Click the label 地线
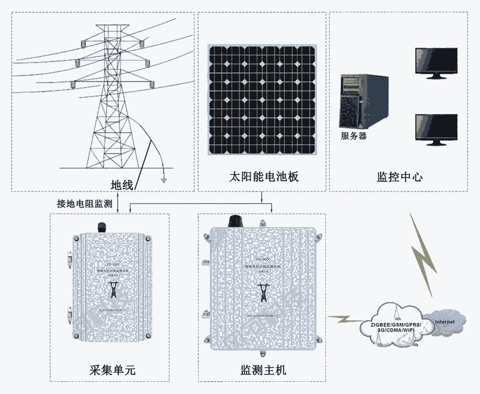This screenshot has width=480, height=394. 122,185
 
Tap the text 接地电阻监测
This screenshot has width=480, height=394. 85,203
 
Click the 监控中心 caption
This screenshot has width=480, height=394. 400,177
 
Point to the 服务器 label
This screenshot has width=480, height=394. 353,136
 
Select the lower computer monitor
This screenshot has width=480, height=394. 436,129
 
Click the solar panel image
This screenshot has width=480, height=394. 262,100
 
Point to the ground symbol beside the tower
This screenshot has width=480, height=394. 163,179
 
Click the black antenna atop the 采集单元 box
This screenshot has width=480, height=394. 102,227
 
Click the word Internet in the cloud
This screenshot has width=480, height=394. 444,322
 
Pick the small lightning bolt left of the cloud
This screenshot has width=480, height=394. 343,319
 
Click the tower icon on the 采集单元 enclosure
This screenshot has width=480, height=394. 113,290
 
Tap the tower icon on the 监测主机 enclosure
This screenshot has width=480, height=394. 262,292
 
